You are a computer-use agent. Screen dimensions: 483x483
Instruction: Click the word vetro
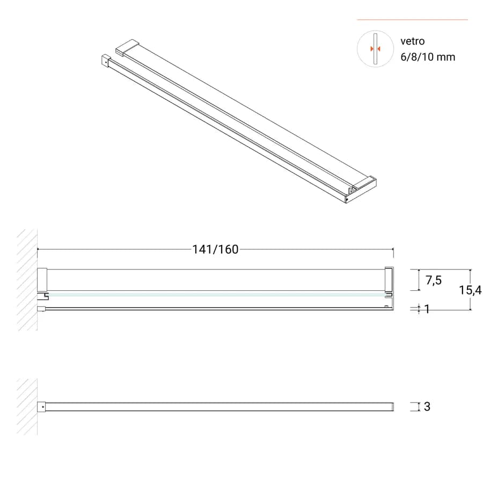413,41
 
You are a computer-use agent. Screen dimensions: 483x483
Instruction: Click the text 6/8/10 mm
428,57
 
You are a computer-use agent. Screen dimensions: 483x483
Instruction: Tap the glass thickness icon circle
375,49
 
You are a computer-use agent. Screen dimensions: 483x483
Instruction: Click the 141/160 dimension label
215,250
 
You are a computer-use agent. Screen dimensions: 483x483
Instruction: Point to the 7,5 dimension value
434,280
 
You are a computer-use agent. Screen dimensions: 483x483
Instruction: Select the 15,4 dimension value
470,290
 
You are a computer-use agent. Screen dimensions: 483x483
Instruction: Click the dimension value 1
427,309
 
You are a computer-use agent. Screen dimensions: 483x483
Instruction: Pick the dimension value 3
427,407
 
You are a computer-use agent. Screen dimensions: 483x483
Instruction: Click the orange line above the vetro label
412,20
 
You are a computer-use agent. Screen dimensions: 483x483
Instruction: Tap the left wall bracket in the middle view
42,280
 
